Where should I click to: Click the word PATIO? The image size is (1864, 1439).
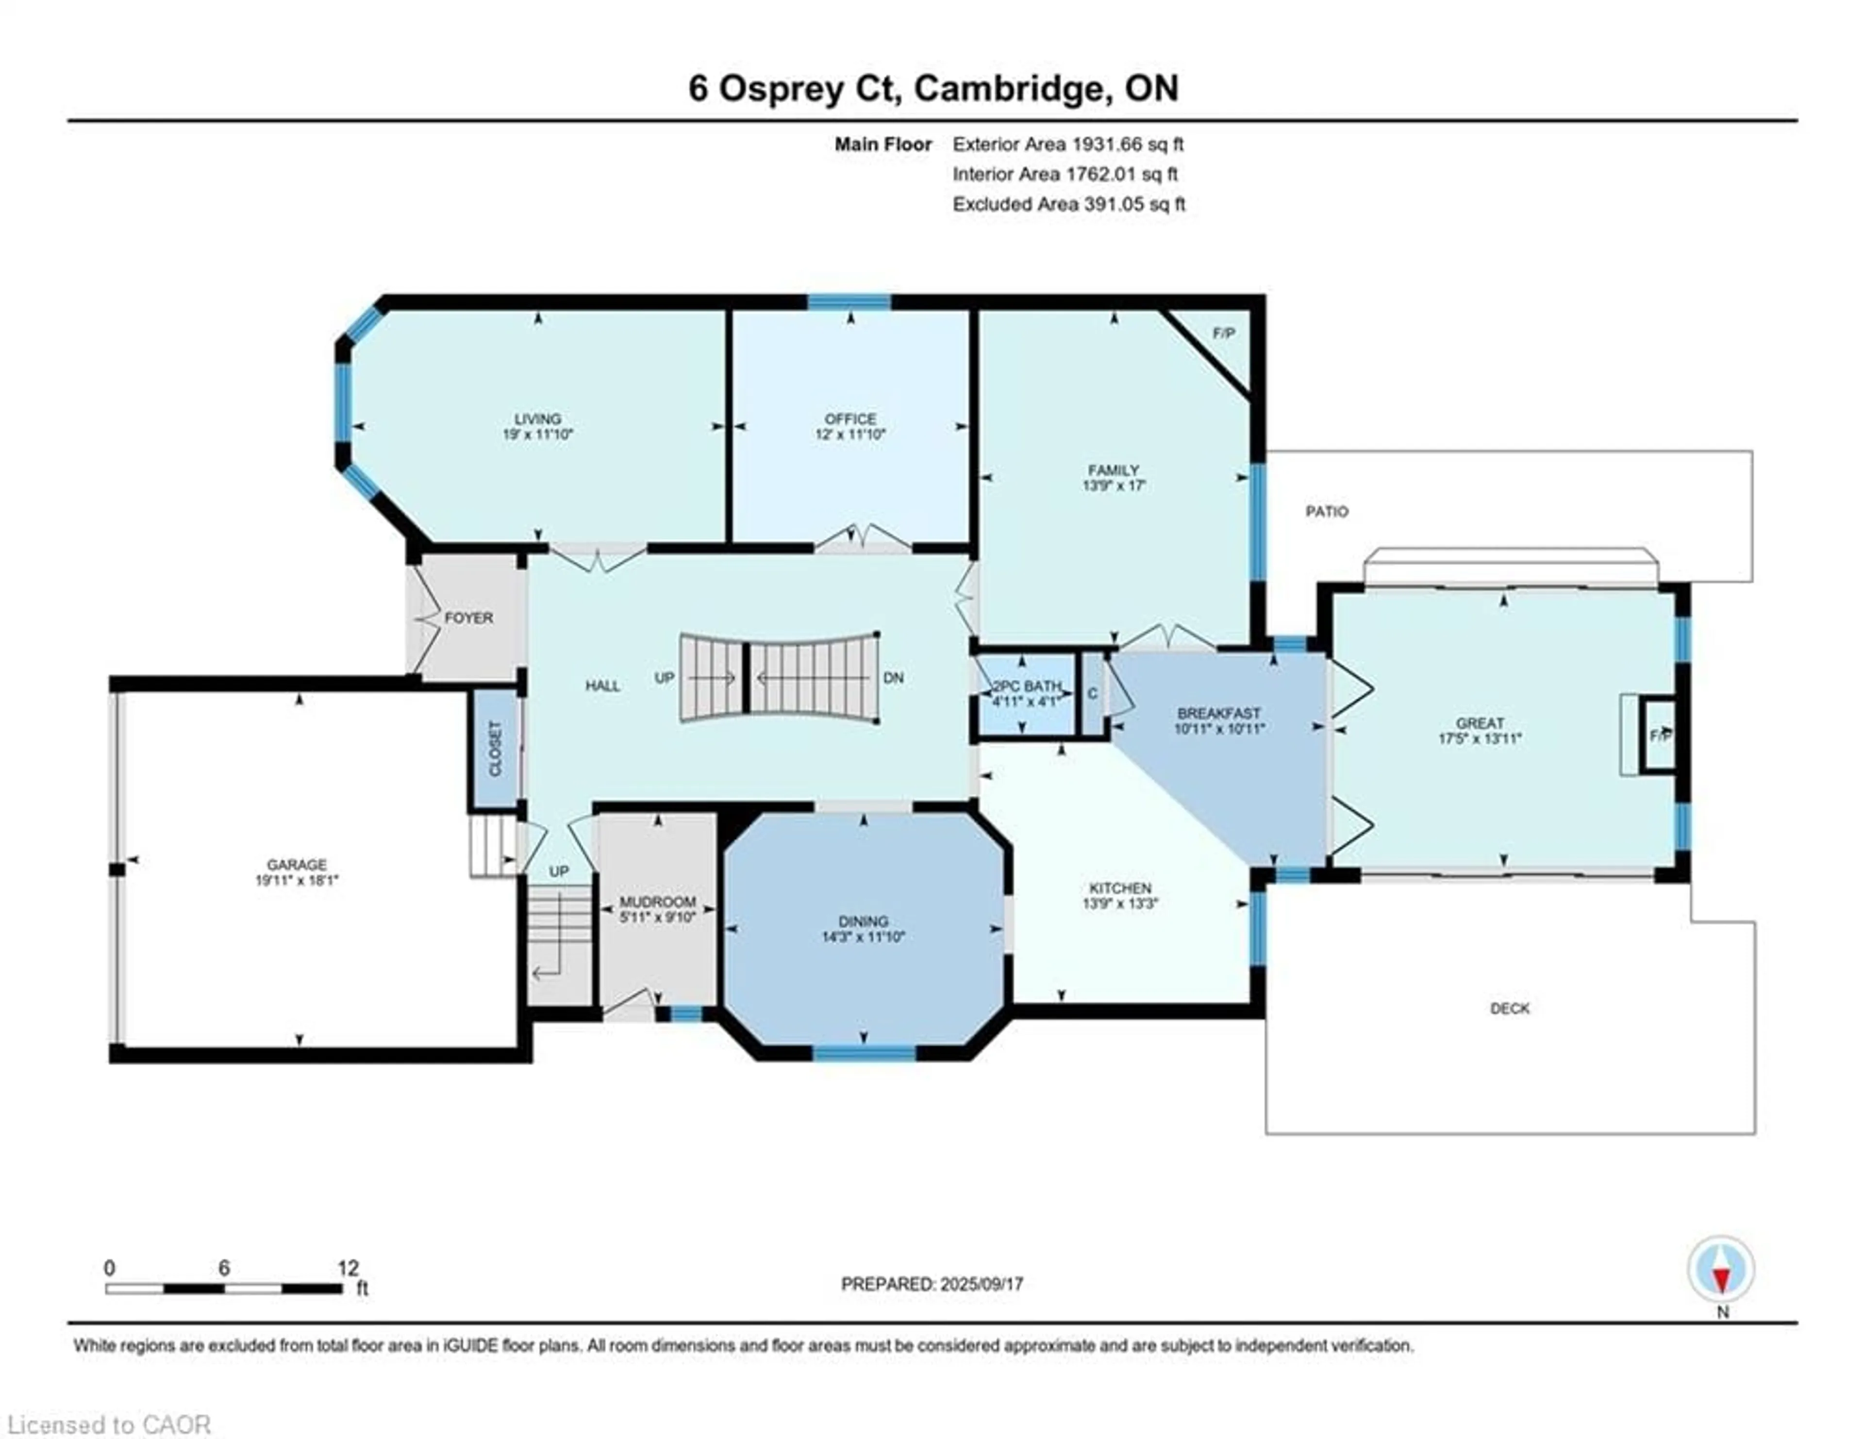(x=1326, y=511)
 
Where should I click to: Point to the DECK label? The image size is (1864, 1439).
(x=1509, y=1008)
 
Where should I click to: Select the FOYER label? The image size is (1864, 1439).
(x=468, y=617)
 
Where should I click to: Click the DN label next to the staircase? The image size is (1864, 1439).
(x=893, y=678)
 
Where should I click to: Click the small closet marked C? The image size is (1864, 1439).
(x=1093, y=694)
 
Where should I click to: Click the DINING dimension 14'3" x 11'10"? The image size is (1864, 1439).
(x=863, y=937)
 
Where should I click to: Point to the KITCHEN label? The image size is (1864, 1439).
(x=1120, y=887)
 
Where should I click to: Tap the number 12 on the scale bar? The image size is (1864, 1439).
(x=348, y=1268)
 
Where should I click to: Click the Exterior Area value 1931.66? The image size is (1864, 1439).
(x=1106, y=144)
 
